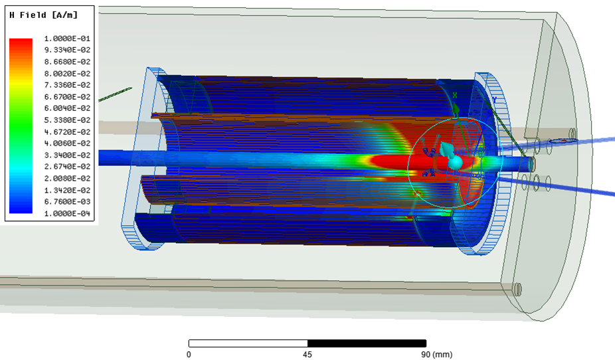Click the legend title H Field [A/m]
[44, 15]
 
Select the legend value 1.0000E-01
[67, 39]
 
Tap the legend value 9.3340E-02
[67, 50]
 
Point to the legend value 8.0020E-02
[67, 73]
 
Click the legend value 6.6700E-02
[67, 96]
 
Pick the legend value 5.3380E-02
[67, 120]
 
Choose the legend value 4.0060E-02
[67, 143]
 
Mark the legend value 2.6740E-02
[67, 167]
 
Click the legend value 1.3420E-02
[67, 190]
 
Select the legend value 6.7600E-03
[67, 201]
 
